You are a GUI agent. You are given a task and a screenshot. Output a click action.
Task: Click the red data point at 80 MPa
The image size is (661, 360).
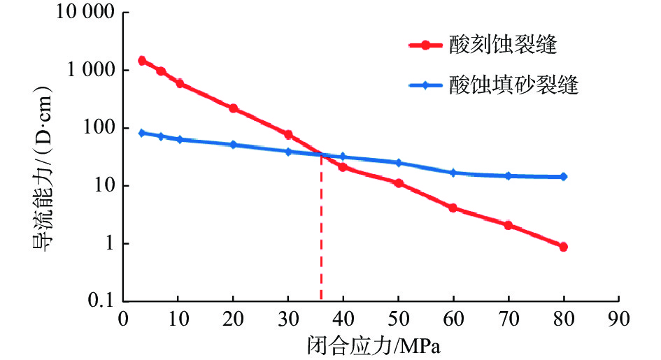coord(563,247)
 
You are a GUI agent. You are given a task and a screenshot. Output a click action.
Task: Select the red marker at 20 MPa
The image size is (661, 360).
coord(233,108)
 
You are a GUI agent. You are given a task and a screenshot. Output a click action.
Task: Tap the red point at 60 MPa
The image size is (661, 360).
coord(453,208)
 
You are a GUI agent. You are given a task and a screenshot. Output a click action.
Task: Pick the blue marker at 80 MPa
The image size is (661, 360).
coord(563,177)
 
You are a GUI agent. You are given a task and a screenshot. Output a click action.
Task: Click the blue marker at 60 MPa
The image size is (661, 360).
coord(453,172)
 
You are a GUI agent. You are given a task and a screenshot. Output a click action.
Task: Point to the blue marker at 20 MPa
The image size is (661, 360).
coord(233,145)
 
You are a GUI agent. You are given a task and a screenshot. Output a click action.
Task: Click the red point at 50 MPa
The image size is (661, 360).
coord(399,183)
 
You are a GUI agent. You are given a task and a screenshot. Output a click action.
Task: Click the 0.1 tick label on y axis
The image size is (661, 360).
coord(97,301)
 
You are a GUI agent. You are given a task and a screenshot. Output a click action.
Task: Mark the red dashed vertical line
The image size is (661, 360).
coord(321,231)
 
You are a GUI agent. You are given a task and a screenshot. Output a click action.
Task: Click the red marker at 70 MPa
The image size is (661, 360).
coord(509,225)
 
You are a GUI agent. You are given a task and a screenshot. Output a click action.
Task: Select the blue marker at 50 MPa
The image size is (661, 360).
coord(399,163)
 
